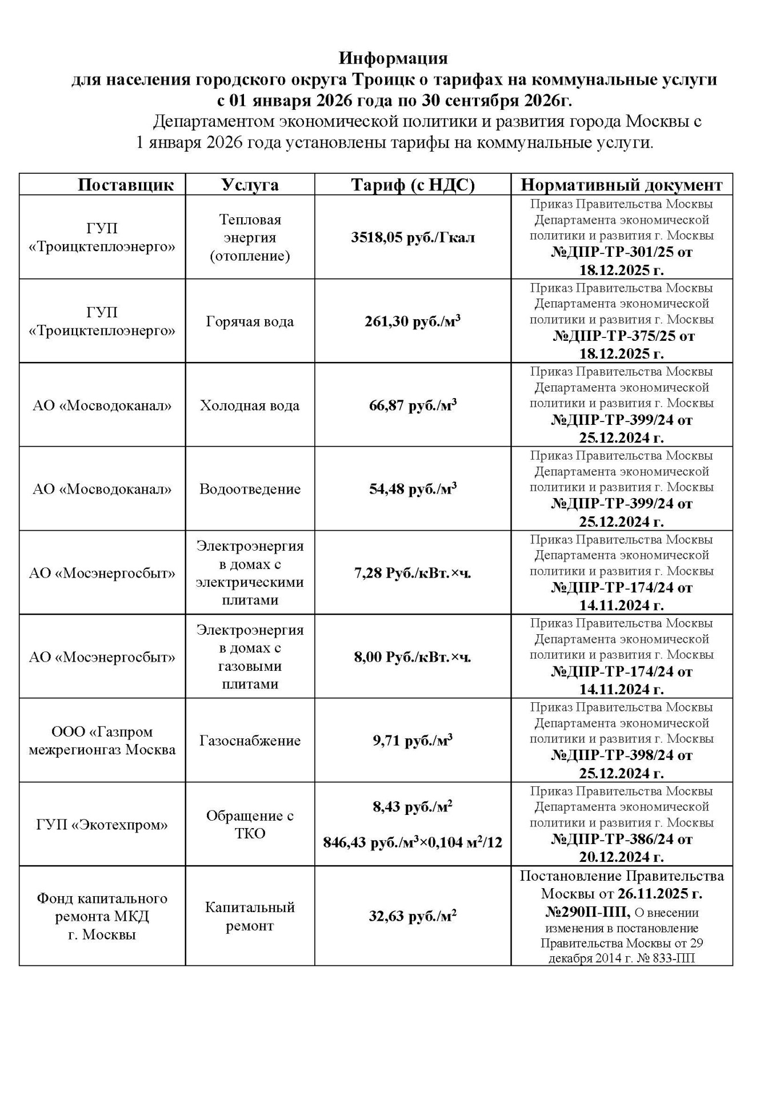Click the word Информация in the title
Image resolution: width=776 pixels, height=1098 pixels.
393,58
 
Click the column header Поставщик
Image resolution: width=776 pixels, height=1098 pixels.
126,185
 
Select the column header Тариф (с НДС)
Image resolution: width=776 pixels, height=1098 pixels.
413,185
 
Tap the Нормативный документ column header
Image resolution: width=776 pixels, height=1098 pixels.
622,185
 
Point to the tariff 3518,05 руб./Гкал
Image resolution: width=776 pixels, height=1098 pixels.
413,237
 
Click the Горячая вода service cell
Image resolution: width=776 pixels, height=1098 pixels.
250,321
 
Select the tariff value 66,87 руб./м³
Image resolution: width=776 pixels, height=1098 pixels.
413,405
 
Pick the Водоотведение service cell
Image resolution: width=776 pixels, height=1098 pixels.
250,489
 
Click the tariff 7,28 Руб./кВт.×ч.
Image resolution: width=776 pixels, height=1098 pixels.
413,573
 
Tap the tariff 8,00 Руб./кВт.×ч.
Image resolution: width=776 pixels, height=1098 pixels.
413,657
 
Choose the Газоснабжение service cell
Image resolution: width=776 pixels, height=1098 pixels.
250,741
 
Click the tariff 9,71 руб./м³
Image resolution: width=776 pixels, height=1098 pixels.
413,741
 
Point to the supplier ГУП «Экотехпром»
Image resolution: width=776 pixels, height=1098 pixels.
102,825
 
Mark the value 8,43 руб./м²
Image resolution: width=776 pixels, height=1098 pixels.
413,807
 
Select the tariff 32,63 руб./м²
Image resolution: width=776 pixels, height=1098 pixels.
413,916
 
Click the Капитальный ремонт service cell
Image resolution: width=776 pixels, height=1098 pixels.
250,916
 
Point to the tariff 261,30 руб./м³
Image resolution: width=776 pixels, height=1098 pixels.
413,321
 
